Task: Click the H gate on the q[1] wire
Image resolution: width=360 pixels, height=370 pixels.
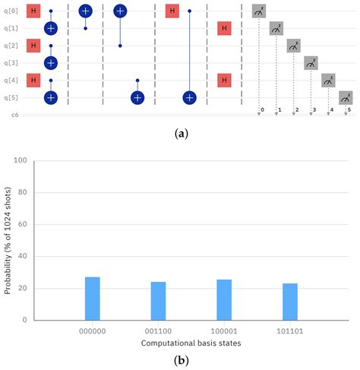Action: point(224,29)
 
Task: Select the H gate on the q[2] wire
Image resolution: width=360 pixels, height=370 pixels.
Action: point(33,46)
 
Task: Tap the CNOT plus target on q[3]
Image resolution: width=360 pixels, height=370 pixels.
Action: point(50,63)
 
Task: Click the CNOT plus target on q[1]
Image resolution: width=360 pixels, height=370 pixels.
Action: point(50,29)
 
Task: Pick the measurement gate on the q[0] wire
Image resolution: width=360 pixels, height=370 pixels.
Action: point(259,11)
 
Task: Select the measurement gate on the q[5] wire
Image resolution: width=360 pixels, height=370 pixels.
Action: point(346,97)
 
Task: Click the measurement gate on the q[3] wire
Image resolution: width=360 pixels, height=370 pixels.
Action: point(311,63)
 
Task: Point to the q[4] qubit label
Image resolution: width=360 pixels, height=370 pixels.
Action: point(9,81)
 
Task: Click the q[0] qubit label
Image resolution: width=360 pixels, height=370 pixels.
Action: point(9,11)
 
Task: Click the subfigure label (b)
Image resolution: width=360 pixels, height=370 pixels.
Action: point(181,362)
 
